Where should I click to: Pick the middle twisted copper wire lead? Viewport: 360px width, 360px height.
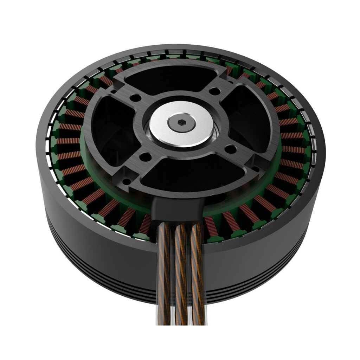tap(180, 274)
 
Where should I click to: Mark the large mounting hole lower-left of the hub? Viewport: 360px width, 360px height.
tap(144, 155)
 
